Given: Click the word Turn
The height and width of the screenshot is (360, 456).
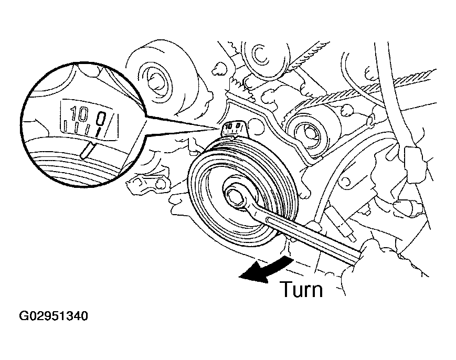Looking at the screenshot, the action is [301, 289].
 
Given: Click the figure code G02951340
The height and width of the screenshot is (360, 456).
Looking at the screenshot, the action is [53, 316].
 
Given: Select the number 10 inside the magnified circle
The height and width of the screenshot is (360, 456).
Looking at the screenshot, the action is [79, 114].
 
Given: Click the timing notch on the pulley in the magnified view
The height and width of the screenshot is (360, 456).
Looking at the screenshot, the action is [87, 150].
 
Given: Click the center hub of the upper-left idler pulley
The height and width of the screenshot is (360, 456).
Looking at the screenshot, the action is [157, 79].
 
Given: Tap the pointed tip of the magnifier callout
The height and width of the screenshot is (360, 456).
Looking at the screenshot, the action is [220, 128].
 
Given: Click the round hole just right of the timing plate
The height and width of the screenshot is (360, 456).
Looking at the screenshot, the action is [257, 128].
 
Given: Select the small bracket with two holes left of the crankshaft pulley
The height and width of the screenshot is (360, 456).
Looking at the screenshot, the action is [147, 183].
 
